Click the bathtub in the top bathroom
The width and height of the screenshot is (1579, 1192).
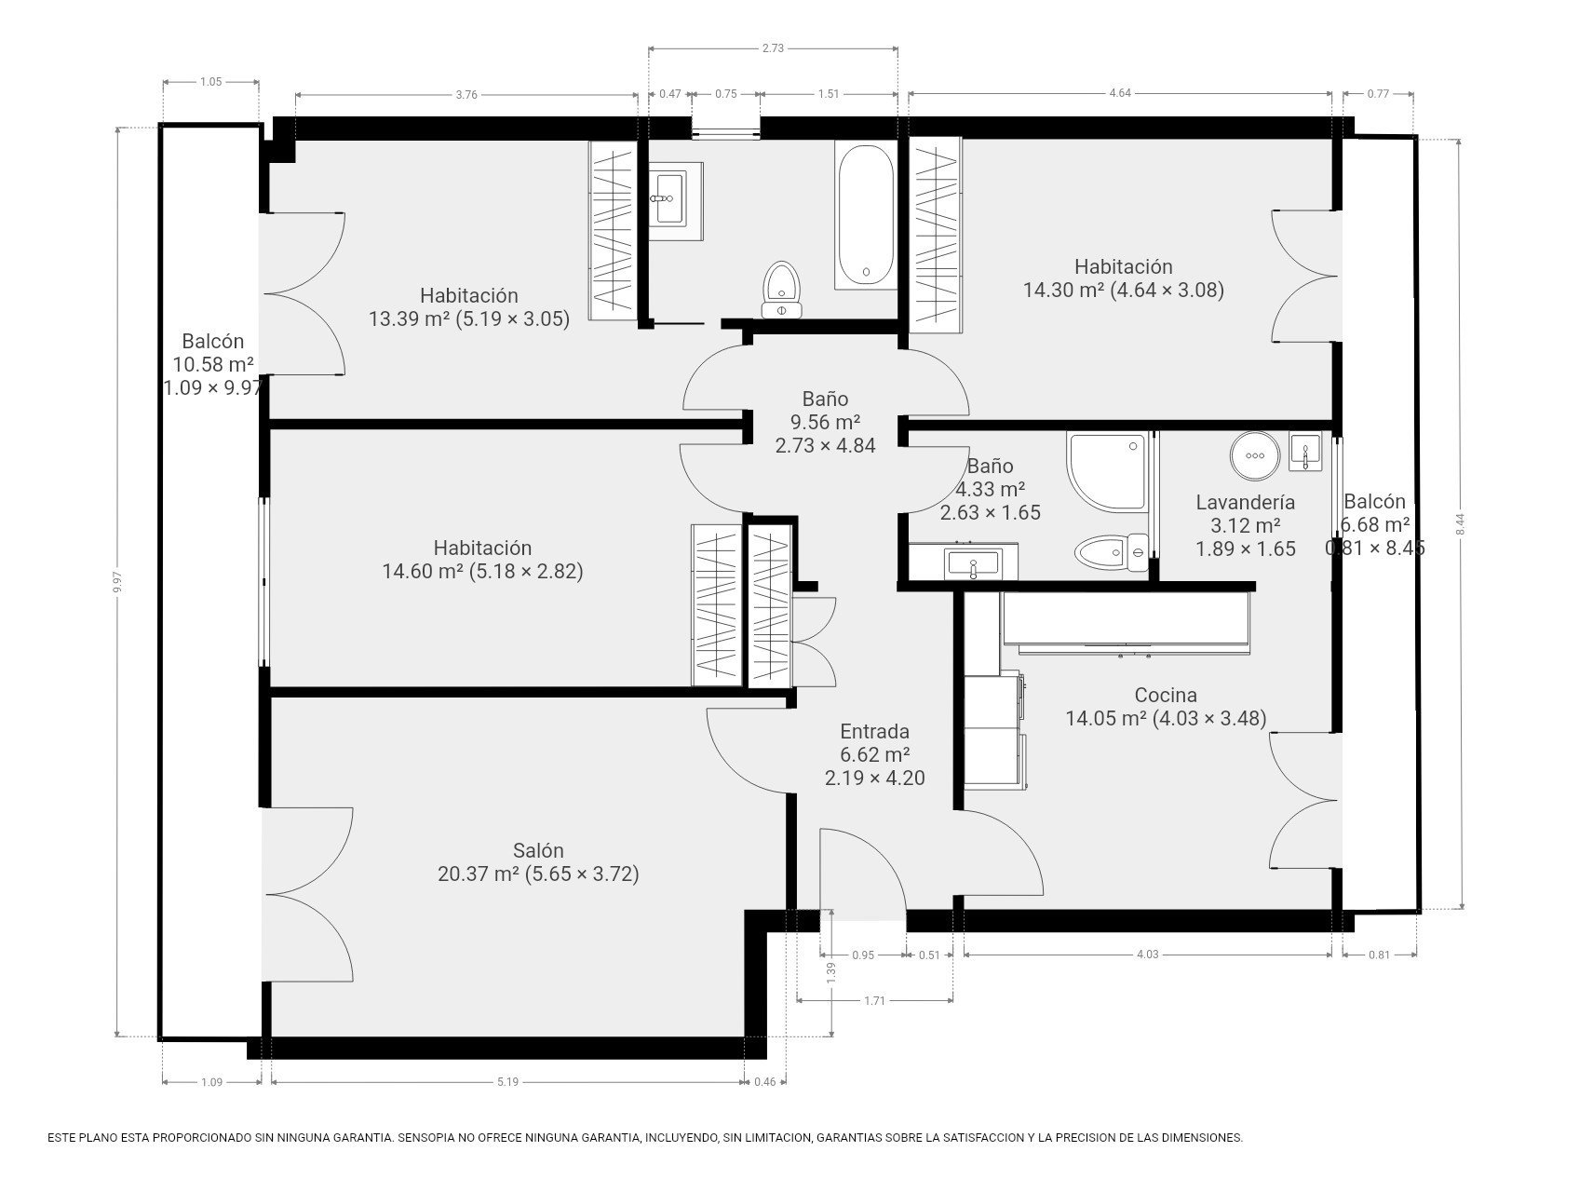[x=866, y=216]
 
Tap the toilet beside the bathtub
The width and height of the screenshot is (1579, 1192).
[x=781, y=291]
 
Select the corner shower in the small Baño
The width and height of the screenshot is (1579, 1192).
[x=1108, y=470]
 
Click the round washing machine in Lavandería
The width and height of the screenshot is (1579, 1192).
[x=1255, y=455]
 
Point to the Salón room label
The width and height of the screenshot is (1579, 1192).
[x=538, y=850]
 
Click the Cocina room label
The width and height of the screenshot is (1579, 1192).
[x=1166, y=695]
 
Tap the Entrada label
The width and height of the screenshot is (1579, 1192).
[x=874, y=731]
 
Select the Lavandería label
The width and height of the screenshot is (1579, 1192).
[x=1246, y=502]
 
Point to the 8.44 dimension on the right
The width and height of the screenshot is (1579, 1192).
[x=1462, y=524]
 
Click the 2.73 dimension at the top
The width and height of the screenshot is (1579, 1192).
[x=773, y=49]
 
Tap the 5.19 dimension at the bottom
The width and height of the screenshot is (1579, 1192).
[x=507, y=1081]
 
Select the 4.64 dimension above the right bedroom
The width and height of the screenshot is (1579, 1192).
[x=1121, y=93]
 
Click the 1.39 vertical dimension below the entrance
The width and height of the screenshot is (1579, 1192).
[x=831, y=971]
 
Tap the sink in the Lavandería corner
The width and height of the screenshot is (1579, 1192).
[x=1306, y=453]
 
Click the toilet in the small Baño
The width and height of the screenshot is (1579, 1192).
[x=1112, y=552]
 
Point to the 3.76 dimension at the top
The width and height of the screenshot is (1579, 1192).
[x=466, y=93]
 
